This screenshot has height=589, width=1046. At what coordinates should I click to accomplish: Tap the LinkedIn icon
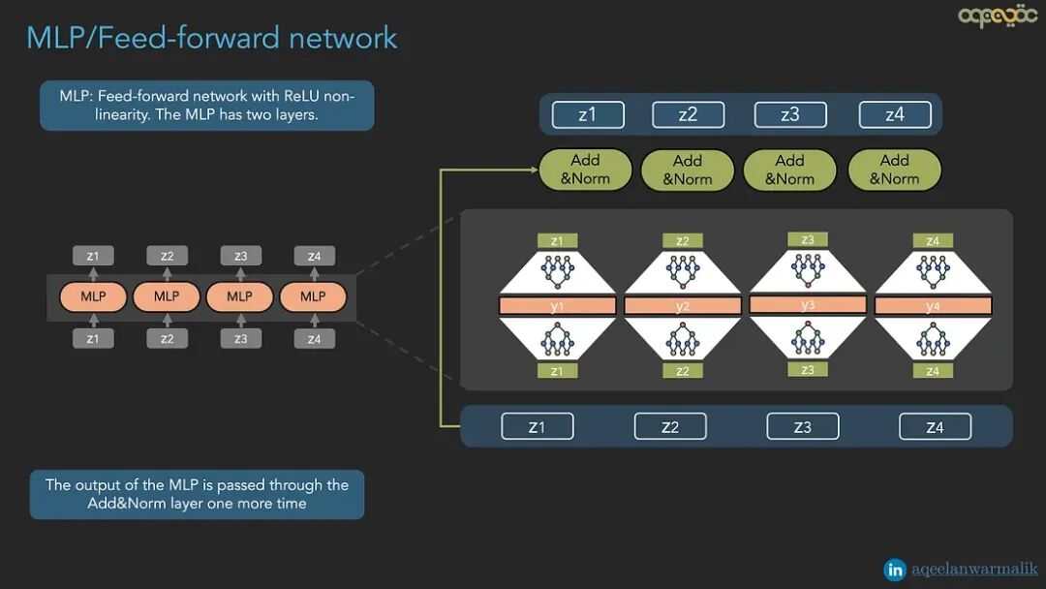(x=896, y=570)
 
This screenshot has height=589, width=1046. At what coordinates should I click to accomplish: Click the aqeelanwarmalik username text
(x=974, y=570)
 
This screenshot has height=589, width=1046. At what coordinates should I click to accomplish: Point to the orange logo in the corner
(x=998, y=16)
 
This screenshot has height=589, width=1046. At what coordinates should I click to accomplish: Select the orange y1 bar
(x=557, y=306)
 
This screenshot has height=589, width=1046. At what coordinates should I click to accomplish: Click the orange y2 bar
(x=682, y=306)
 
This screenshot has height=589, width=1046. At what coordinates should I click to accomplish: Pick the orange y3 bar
(x=808, y=304)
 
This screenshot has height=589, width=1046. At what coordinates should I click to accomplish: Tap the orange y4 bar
(x=933, y=306)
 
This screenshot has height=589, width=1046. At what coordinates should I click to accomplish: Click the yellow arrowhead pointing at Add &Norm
(x=533, y=170)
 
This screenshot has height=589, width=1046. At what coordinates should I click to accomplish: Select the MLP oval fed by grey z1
(x=93, y=296)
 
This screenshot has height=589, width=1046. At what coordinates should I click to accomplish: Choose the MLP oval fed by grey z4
(x=313, y=296)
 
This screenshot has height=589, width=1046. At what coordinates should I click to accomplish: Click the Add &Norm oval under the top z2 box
(x=687, y=170)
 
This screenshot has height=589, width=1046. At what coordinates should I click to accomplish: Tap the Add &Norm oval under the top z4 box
(x=894, y=170)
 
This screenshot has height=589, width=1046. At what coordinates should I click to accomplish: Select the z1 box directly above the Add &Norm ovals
(x=587, y=115)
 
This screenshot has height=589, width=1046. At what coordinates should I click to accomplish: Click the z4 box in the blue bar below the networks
(x=935, y=426)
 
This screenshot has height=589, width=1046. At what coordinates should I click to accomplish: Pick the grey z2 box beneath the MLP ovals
(x=167, y=338)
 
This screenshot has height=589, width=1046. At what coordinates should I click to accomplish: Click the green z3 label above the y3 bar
(x=808, y=239)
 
